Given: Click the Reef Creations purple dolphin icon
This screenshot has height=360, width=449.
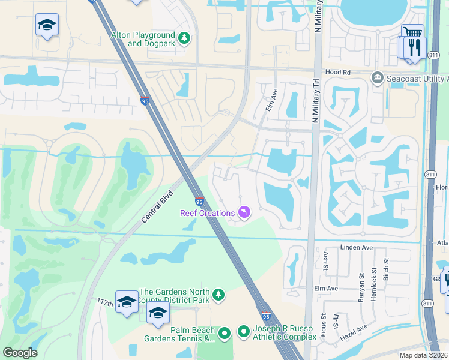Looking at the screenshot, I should tap(244, 213).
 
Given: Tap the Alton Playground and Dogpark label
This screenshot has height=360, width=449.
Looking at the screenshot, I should tap(143, 40).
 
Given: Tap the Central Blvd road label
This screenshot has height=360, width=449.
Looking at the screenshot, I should tap(157, 207).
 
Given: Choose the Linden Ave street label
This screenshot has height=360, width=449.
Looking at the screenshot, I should tap(357, 247).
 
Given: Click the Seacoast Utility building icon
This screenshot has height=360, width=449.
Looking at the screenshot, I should tap(377, 77).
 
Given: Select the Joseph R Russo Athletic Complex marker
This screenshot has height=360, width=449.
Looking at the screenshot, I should tap(244, 331).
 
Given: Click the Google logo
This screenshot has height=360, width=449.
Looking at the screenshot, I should tap(20, 353).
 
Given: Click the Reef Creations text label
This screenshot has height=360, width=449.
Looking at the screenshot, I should tap(208, 214).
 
